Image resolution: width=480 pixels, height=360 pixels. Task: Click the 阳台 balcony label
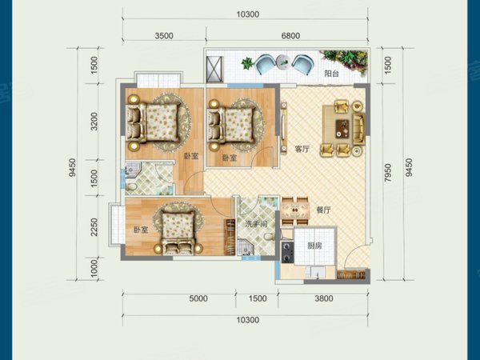pos(331,74)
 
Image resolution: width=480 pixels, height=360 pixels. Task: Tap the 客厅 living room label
pos(302,150)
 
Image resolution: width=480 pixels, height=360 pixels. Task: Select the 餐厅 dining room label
pos(323,210)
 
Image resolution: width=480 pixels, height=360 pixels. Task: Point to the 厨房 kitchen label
pos(314,246)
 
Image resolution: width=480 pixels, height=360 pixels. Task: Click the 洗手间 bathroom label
pos(256,224)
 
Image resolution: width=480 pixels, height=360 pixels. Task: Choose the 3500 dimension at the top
pos(164,36)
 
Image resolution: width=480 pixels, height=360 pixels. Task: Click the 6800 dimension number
pos(290,36)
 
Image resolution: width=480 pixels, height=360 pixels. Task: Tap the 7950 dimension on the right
pos(388,174)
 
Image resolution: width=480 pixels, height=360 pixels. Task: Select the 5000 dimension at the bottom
pos(198,298)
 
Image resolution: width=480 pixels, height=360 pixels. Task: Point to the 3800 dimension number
pos(323,298)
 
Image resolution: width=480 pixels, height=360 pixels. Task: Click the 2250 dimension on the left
pos(94,227)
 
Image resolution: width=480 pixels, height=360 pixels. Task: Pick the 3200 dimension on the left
pos(94,122)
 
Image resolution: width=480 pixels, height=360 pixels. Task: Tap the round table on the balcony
pos(282,62)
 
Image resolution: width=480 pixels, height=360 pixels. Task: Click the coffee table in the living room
pos(342,129)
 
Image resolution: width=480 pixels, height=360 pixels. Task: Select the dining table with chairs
pos(295,210)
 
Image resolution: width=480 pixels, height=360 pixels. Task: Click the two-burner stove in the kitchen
pos(287,253)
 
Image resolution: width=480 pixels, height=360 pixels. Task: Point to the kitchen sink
pos(317,272)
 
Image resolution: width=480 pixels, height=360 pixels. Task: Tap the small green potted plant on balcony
pos(247,63)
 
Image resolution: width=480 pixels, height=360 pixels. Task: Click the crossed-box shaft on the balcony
pos(214,70)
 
